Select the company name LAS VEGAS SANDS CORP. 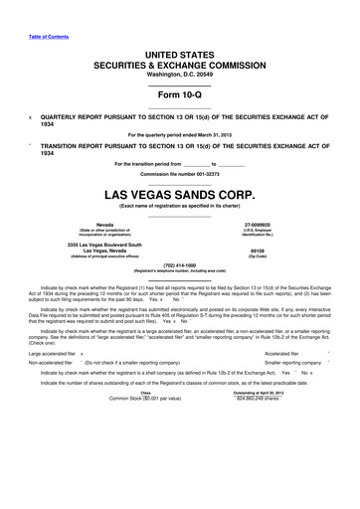click(180, 192)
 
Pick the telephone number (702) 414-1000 click(180, 264)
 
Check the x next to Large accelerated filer click(82, 353)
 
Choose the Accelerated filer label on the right click(289, 353)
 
